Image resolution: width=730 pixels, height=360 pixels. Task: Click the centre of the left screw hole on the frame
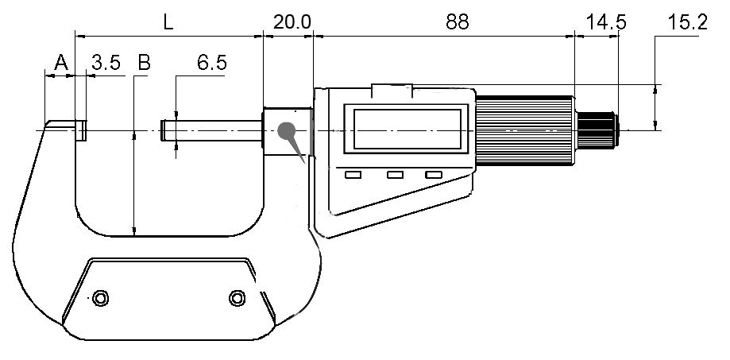pos(100,297)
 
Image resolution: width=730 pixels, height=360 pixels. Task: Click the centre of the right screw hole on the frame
pos(237,297)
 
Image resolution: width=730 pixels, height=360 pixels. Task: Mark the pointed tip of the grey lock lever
pos(305,163)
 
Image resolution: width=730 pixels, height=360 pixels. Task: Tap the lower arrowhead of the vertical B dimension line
pos(134,231)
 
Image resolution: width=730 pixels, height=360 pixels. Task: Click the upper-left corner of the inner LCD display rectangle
pos(353,110)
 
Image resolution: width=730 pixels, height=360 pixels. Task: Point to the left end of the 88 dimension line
pos(314,36)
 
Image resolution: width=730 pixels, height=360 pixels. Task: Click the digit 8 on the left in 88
pos(452,22)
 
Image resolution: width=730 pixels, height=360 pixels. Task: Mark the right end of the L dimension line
pos(263,36)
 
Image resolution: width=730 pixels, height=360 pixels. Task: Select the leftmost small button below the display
pos(353,175)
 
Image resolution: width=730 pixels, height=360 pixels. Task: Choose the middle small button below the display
pos(395,175)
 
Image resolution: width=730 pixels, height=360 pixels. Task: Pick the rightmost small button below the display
pos(434,175)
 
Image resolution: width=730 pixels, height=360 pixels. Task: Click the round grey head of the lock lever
pos(286,130)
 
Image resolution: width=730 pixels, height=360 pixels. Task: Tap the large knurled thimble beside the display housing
pos(526,130)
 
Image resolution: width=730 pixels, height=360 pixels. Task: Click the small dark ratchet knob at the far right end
pos(598,130)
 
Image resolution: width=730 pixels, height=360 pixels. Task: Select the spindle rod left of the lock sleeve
pos(211,130)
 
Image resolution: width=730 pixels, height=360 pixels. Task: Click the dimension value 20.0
pos(292,22)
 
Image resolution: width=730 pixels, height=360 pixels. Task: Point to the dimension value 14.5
pos(606,22)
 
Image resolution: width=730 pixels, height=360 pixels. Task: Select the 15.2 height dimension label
pos(688,22)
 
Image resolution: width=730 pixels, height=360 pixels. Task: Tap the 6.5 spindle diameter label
pos(212,63)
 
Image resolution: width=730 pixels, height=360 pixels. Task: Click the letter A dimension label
pos(61,62)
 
